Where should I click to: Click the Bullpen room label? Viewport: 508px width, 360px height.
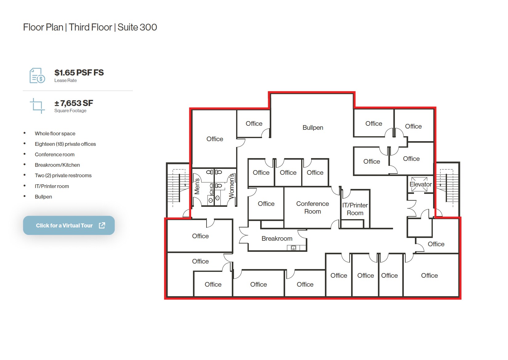point(313,128)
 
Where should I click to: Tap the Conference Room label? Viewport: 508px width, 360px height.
point(312,207)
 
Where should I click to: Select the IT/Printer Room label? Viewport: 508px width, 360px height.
point(355,209)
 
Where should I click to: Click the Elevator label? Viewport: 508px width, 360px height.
point(420,184)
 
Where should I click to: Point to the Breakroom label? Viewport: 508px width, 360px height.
point(277,239)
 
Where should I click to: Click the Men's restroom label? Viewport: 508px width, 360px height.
point(197,186)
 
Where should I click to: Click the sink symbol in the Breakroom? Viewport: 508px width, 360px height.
point(293,247)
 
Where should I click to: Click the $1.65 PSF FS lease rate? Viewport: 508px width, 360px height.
point(79,73)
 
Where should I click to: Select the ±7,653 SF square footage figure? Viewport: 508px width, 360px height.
point(74,103)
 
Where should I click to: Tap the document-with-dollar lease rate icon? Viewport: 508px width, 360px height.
point(37,76)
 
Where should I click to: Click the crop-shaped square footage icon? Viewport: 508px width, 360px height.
point(37,106)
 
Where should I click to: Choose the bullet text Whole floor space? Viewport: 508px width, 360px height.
point(55,133)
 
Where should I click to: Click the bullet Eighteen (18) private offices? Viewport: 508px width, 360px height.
point(65,144)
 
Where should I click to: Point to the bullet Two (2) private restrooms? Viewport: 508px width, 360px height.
point(63,175)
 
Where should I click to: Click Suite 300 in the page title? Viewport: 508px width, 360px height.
point(137,27)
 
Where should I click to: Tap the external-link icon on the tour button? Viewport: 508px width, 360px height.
point(102,225)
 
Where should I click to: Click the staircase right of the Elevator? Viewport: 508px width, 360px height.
point(448,188)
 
